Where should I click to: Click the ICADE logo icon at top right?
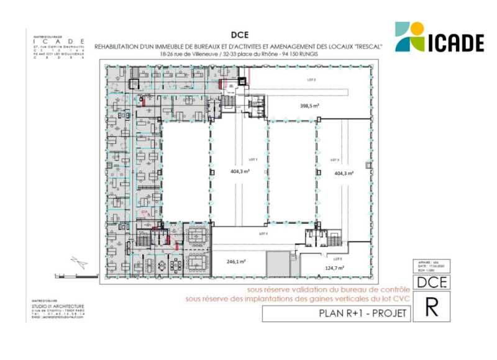pos(410,37)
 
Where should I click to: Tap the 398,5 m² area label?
pos(309,106)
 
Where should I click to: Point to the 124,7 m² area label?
pos(335,268)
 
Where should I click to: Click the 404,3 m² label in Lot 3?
pos(344,173)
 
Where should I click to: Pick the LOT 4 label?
pos(263,233)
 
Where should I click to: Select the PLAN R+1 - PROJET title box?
pos(336,313)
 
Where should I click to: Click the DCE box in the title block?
pos(430,282)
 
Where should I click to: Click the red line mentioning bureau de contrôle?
pos(328,290)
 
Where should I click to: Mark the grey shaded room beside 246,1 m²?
pos(278,264)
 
